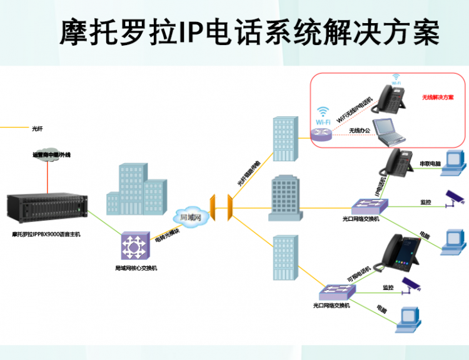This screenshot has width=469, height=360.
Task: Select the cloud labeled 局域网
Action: (x=189, y=217)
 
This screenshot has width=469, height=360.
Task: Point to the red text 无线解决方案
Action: (x=437, y=97)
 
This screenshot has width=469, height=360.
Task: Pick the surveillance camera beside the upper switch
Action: (x=453, y=198)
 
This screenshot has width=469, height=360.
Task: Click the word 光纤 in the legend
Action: (x=38, y=129)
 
